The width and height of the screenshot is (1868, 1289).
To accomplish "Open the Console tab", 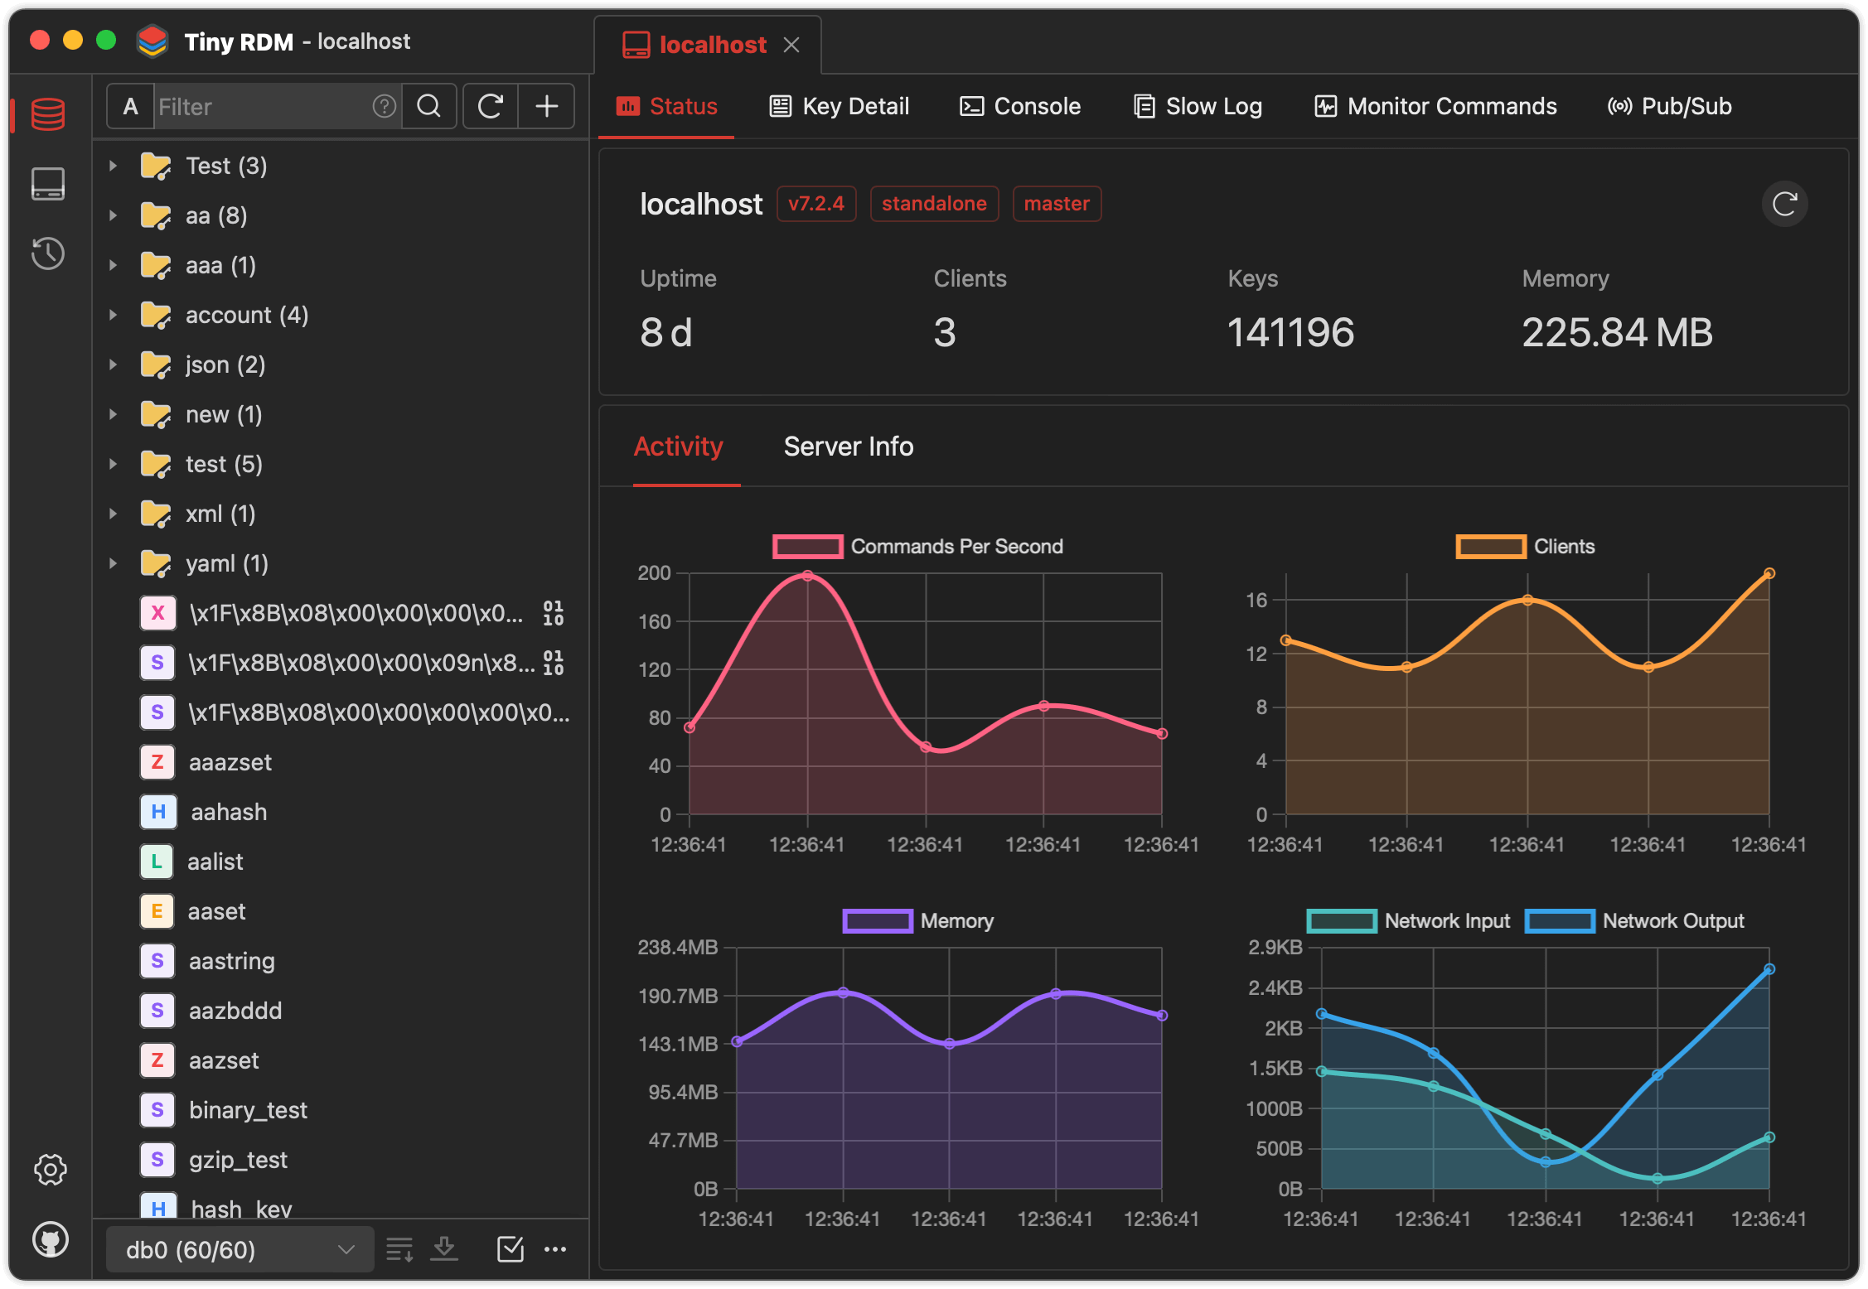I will tap(1020, 106).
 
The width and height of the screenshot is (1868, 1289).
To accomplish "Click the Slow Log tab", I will tap(1198, 106).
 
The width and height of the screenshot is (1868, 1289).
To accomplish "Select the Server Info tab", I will tap(848, 447).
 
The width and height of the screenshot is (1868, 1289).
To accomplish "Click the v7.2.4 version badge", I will tap(815, 204).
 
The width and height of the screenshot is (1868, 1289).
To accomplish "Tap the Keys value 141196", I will tap(1290, 332).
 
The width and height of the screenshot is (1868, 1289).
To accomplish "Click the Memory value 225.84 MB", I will tap(1616, 332).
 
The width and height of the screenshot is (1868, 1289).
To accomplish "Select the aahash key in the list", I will tap(229, 812).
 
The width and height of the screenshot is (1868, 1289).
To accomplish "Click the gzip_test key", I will tap(238, 1160).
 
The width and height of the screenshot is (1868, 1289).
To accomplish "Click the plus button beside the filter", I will tap(546, 106).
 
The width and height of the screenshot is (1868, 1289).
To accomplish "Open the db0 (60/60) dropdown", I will tap(240, 1249).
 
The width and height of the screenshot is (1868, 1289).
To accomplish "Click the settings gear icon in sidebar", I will tap(50, 1170).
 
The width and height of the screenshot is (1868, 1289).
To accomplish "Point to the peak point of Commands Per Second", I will tap(807, 576).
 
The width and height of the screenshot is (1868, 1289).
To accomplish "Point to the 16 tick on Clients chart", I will tap(1256, 600).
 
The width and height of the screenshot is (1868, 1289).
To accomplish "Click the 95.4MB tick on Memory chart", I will tap(683, 1092).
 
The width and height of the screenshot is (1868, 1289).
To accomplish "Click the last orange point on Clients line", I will tap(1769, 573).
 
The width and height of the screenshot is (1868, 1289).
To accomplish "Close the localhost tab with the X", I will tap(791, 45).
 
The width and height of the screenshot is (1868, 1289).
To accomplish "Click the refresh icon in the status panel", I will tap(1784, 204).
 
